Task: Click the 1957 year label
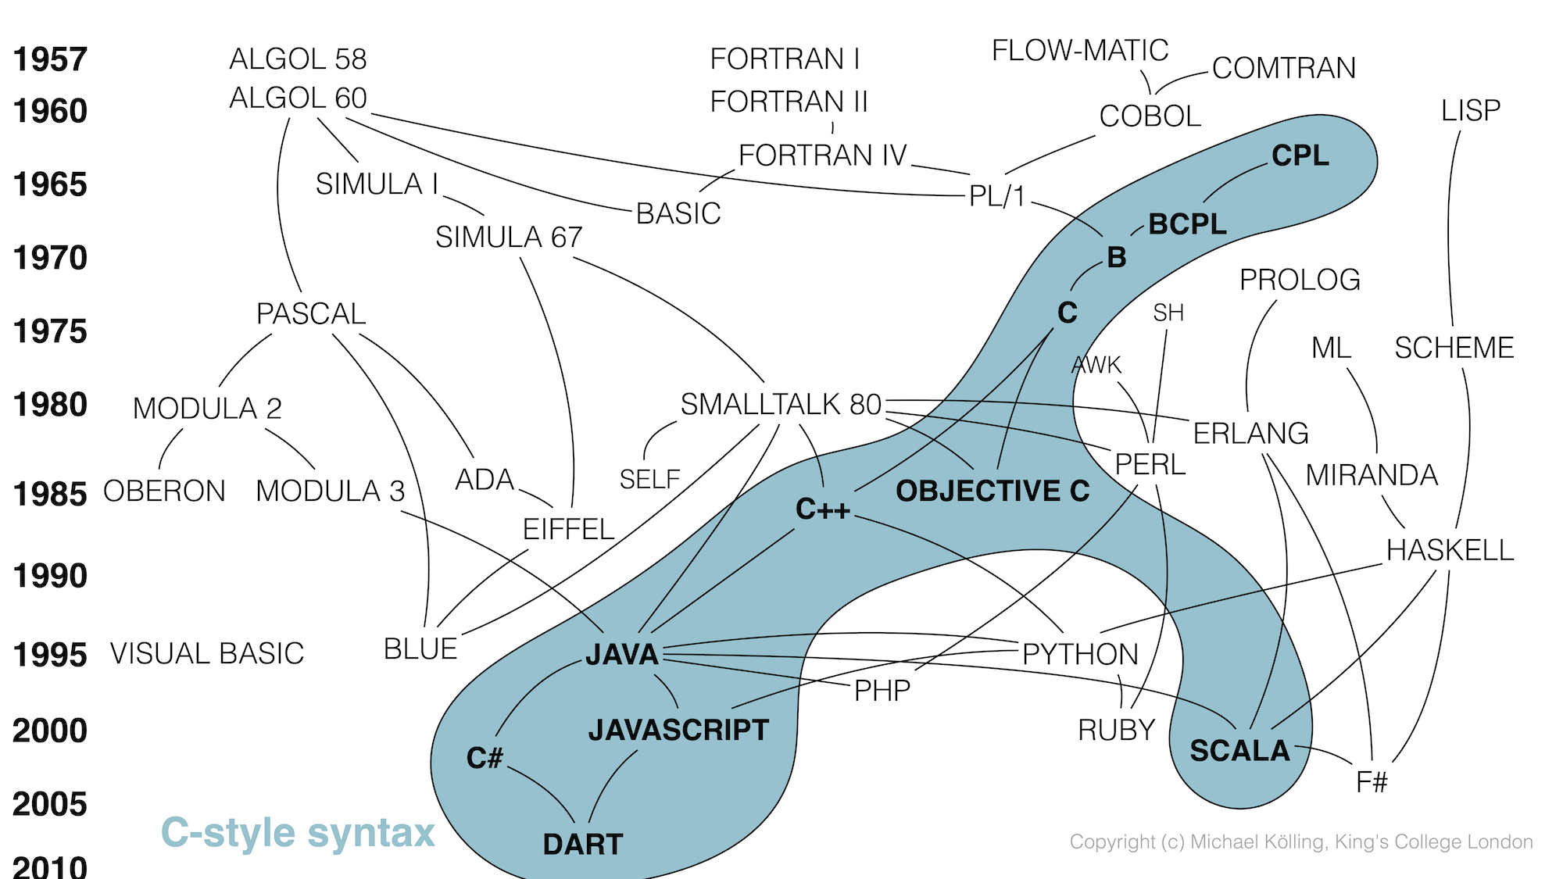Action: pos(50,60)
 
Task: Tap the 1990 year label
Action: pos(50,577)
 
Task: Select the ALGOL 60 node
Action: pos(298,98)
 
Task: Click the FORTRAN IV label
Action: pos(822,155)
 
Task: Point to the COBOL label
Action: pos(1150,116)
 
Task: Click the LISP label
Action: pos(1470,111)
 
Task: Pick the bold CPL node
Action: pos(1300,155)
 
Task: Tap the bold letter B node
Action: pos(1117,257)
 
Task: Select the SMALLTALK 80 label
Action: pos(781,405)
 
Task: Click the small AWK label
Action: pos(1096,365)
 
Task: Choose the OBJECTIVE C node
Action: pos(993,491)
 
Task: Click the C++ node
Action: pos(822,509)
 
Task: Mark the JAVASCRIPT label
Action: pos(678,731)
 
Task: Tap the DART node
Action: pos(583,845)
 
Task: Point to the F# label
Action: pos(1372,782)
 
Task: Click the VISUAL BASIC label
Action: pos(206,654)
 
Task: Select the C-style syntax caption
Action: pos(297,833)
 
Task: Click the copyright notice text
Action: pos(1300,842)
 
